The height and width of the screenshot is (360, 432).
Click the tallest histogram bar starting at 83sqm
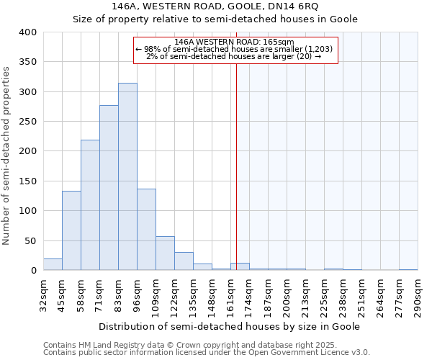(127, 176)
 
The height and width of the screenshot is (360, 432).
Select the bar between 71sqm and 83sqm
(109, 188)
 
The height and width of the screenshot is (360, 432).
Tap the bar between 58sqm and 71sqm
(90, 205)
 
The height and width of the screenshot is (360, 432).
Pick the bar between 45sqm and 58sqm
(71, 230)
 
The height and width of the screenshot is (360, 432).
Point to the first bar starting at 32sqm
(53, 264)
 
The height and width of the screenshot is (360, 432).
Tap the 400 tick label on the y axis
(28, 32)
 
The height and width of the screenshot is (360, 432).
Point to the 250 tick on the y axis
(28, 122)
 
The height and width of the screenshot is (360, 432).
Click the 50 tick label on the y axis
(31, 240)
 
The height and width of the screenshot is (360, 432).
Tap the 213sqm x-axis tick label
(307, 295)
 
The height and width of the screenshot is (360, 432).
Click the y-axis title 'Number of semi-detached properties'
(7, 155)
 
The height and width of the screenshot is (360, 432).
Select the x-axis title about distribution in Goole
(229, 326)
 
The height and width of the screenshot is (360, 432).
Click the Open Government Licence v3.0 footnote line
(207, 353)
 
